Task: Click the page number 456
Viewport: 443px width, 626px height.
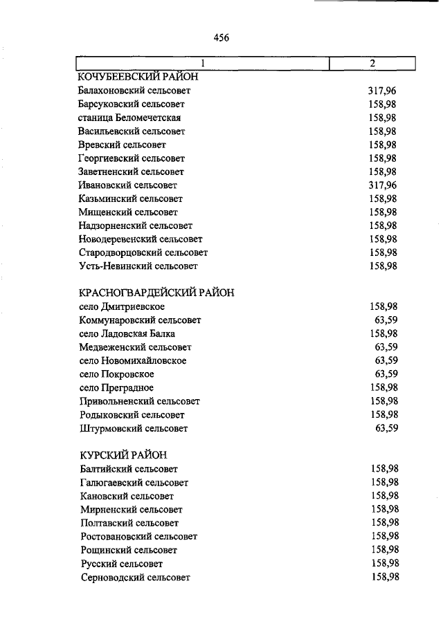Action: click(x=221, y=37)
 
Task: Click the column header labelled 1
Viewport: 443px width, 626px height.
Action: click(x=202, y=64)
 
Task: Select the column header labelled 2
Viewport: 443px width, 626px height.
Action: click(x=372, y=64)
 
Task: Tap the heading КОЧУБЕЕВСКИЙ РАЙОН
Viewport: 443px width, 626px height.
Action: click(x=138, y=77)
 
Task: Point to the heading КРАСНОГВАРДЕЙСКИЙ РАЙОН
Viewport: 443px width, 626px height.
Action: click(x=156, y=293)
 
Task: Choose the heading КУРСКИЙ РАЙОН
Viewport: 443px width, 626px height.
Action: click(x=123, y=454)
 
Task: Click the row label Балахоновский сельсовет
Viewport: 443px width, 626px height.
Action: click(x=134, y=91)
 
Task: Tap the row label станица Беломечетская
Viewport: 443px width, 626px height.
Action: click(x=129, y=118)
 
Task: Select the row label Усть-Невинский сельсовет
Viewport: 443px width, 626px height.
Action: click(x=138, y=266)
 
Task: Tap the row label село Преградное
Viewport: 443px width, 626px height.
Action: click(x=116, y=387)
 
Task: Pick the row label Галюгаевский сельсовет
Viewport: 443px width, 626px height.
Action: click(x=134, y=483)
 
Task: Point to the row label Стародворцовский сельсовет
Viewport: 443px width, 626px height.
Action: click(x=143, y=252)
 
